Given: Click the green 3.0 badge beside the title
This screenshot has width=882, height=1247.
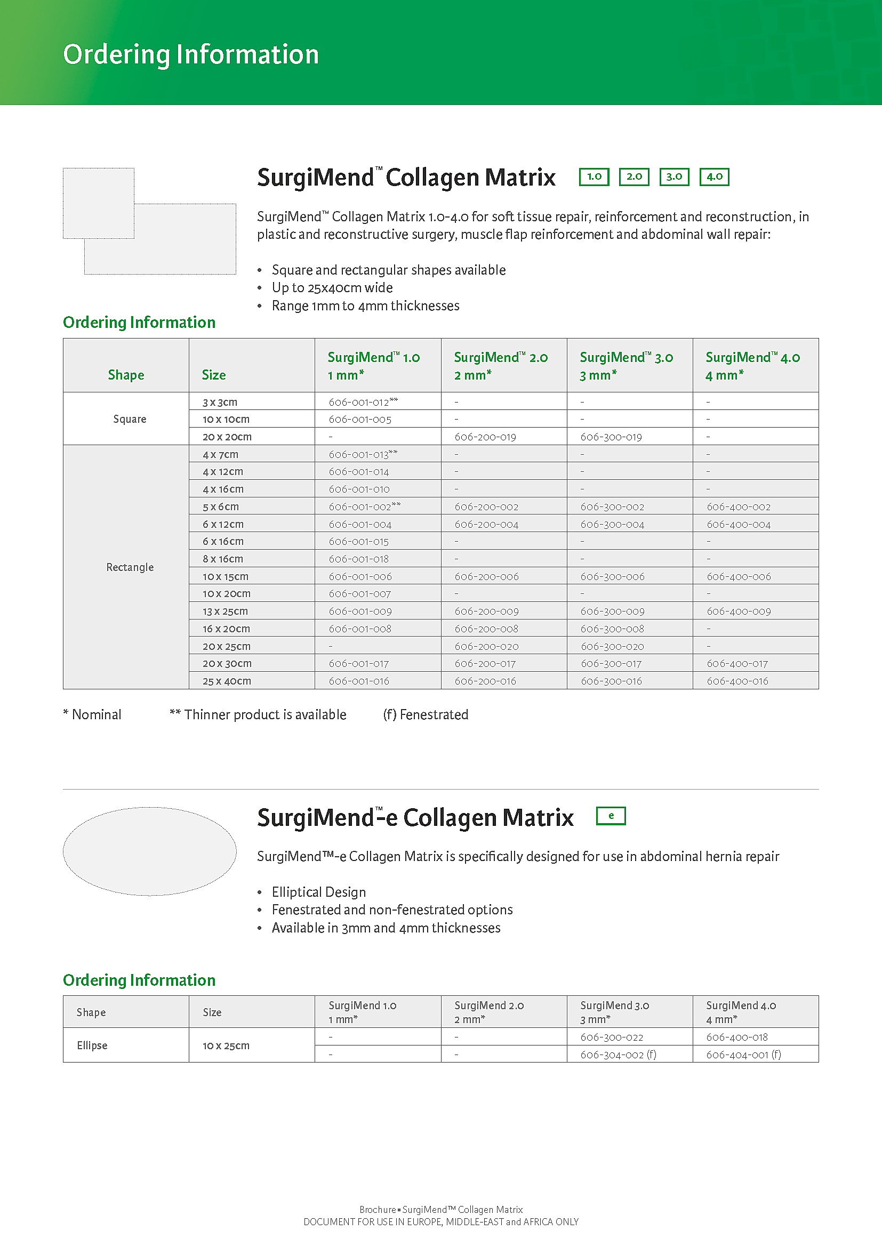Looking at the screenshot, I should [x=674, y=177].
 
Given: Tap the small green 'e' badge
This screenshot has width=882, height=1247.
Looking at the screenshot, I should [x=611, y=816].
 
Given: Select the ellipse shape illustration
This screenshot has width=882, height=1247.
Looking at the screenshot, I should [x=150, y=851].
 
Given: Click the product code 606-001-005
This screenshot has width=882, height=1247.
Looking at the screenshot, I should [x=360, y=419].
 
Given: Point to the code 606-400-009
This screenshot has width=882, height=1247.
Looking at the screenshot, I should [x=739, y=611].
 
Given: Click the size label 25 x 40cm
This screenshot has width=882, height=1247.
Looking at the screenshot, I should [x=227, y=681].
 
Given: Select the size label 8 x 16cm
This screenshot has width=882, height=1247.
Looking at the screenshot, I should [x=223, y=559].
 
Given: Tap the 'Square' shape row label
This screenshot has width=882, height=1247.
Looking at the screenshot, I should [x=130, y=419].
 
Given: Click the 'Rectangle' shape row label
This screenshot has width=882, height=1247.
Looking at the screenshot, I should [x=130, y=567].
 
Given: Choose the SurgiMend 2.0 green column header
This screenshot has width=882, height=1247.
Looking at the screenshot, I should [x=500, y=366].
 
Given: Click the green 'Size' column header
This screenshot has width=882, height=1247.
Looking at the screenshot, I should [x=213, y=375].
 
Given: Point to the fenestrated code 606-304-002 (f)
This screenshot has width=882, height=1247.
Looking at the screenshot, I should [x=618, y=1054].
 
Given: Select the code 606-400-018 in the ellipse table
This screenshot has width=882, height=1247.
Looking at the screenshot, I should [x=737, y=1037].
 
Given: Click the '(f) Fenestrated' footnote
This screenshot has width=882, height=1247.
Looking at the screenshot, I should [x=425, y=715].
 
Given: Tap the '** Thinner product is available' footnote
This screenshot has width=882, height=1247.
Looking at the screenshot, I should [x=258, y=715].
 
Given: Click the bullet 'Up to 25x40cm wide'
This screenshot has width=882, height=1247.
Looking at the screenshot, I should [x=332, y=288].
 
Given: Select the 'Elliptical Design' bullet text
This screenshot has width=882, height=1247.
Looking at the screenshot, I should [x=319, y=892].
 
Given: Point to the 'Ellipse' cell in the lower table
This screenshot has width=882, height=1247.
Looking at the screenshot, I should [x=92, y=1045].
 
